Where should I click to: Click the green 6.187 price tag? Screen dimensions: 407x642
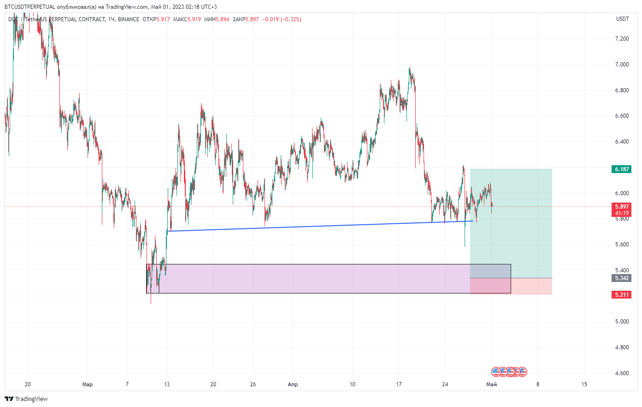coord(621,169)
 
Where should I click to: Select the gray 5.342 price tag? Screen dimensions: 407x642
coord(621,278)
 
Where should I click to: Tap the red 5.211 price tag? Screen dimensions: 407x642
coord(621,295)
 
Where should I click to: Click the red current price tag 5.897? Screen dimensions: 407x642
coord(621,207)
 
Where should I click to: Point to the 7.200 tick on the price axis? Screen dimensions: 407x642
coord(622,39)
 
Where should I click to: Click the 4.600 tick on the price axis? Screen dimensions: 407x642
coord(622,373)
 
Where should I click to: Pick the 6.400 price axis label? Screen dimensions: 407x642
coord(622,142)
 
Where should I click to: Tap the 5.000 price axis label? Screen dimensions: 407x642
coord(622,322)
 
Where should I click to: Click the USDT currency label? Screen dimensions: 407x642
coord(622,19)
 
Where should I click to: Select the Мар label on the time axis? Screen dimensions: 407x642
coord(87,384)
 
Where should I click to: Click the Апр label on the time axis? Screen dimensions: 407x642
coord(293,384)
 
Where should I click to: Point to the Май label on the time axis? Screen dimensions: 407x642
coord(492,384)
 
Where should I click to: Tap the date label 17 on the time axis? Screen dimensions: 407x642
coord(399,384)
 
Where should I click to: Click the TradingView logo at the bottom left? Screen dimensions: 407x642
coord(26,399)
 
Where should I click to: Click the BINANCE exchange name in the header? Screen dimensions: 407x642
coord(128,19)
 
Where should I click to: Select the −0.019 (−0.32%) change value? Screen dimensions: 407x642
coord(282,19)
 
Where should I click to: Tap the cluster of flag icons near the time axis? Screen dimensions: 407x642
coord(509,371)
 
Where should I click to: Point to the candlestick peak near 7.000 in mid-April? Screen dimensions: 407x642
coord(410,69)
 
